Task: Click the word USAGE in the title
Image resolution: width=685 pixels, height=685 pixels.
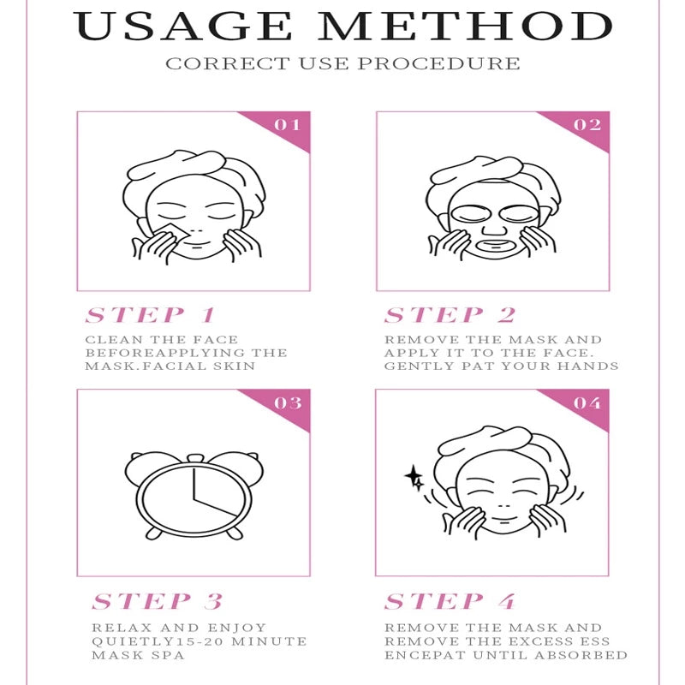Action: click(182, 27)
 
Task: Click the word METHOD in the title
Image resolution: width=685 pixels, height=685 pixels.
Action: click(464, 27)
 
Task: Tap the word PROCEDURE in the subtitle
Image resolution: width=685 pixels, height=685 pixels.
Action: click(439, 63)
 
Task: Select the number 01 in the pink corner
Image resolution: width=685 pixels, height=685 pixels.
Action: click(287, 125)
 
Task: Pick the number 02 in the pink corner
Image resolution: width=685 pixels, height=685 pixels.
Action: click(587, 125)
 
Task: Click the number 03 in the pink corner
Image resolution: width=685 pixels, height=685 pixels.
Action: click(288, 402)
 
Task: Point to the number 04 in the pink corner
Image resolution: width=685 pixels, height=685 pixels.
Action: click(587, 402)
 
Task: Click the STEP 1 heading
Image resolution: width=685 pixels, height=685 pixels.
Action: click(151, 315)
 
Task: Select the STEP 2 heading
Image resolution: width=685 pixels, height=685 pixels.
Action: click(450, 315)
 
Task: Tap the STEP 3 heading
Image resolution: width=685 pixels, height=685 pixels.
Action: click(158, 601)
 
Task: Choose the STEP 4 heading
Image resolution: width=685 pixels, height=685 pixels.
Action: click(450, 601)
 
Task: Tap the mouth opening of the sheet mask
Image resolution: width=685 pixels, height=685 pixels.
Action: click(494, 247)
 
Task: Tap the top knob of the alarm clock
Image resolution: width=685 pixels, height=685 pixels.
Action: click(195, 458)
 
